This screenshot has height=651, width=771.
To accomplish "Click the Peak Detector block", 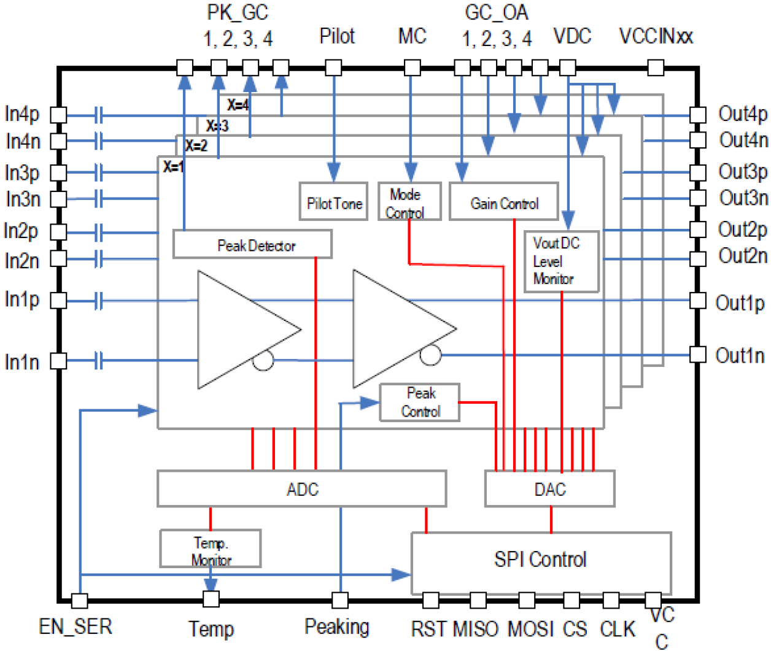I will tap(252, 245).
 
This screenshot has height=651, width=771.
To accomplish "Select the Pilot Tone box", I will tap(333, 202).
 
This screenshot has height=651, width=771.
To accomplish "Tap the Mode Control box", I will tap(409, 202).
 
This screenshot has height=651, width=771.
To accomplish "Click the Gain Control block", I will tap(503, 202).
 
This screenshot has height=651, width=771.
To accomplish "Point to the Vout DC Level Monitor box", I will tap(560, 261).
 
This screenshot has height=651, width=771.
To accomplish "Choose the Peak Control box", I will tap(420, 403).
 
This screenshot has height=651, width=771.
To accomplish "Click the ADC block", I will tap(301, 489).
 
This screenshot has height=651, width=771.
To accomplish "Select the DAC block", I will tap(549, 489).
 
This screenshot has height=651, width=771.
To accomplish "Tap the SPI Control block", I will tap(540, 560).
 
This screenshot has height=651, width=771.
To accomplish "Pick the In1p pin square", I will tap(58, 301).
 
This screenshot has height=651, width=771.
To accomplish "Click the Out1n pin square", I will tap(697, 355).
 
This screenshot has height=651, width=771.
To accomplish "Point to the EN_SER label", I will tap(76, 626).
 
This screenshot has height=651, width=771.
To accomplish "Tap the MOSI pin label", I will tap(531, 629).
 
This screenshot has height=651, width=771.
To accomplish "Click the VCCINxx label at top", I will tap(656, 36).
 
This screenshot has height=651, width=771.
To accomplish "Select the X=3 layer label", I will tap(217, 126).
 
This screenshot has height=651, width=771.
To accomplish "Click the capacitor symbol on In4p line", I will tap(99, 115).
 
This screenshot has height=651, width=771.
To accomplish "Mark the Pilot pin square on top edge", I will tap(333, 67).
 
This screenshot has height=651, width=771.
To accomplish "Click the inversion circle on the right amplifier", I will tap(430, 355).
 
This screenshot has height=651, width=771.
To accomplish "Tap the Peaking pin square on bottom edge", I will tap(339, 599).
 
